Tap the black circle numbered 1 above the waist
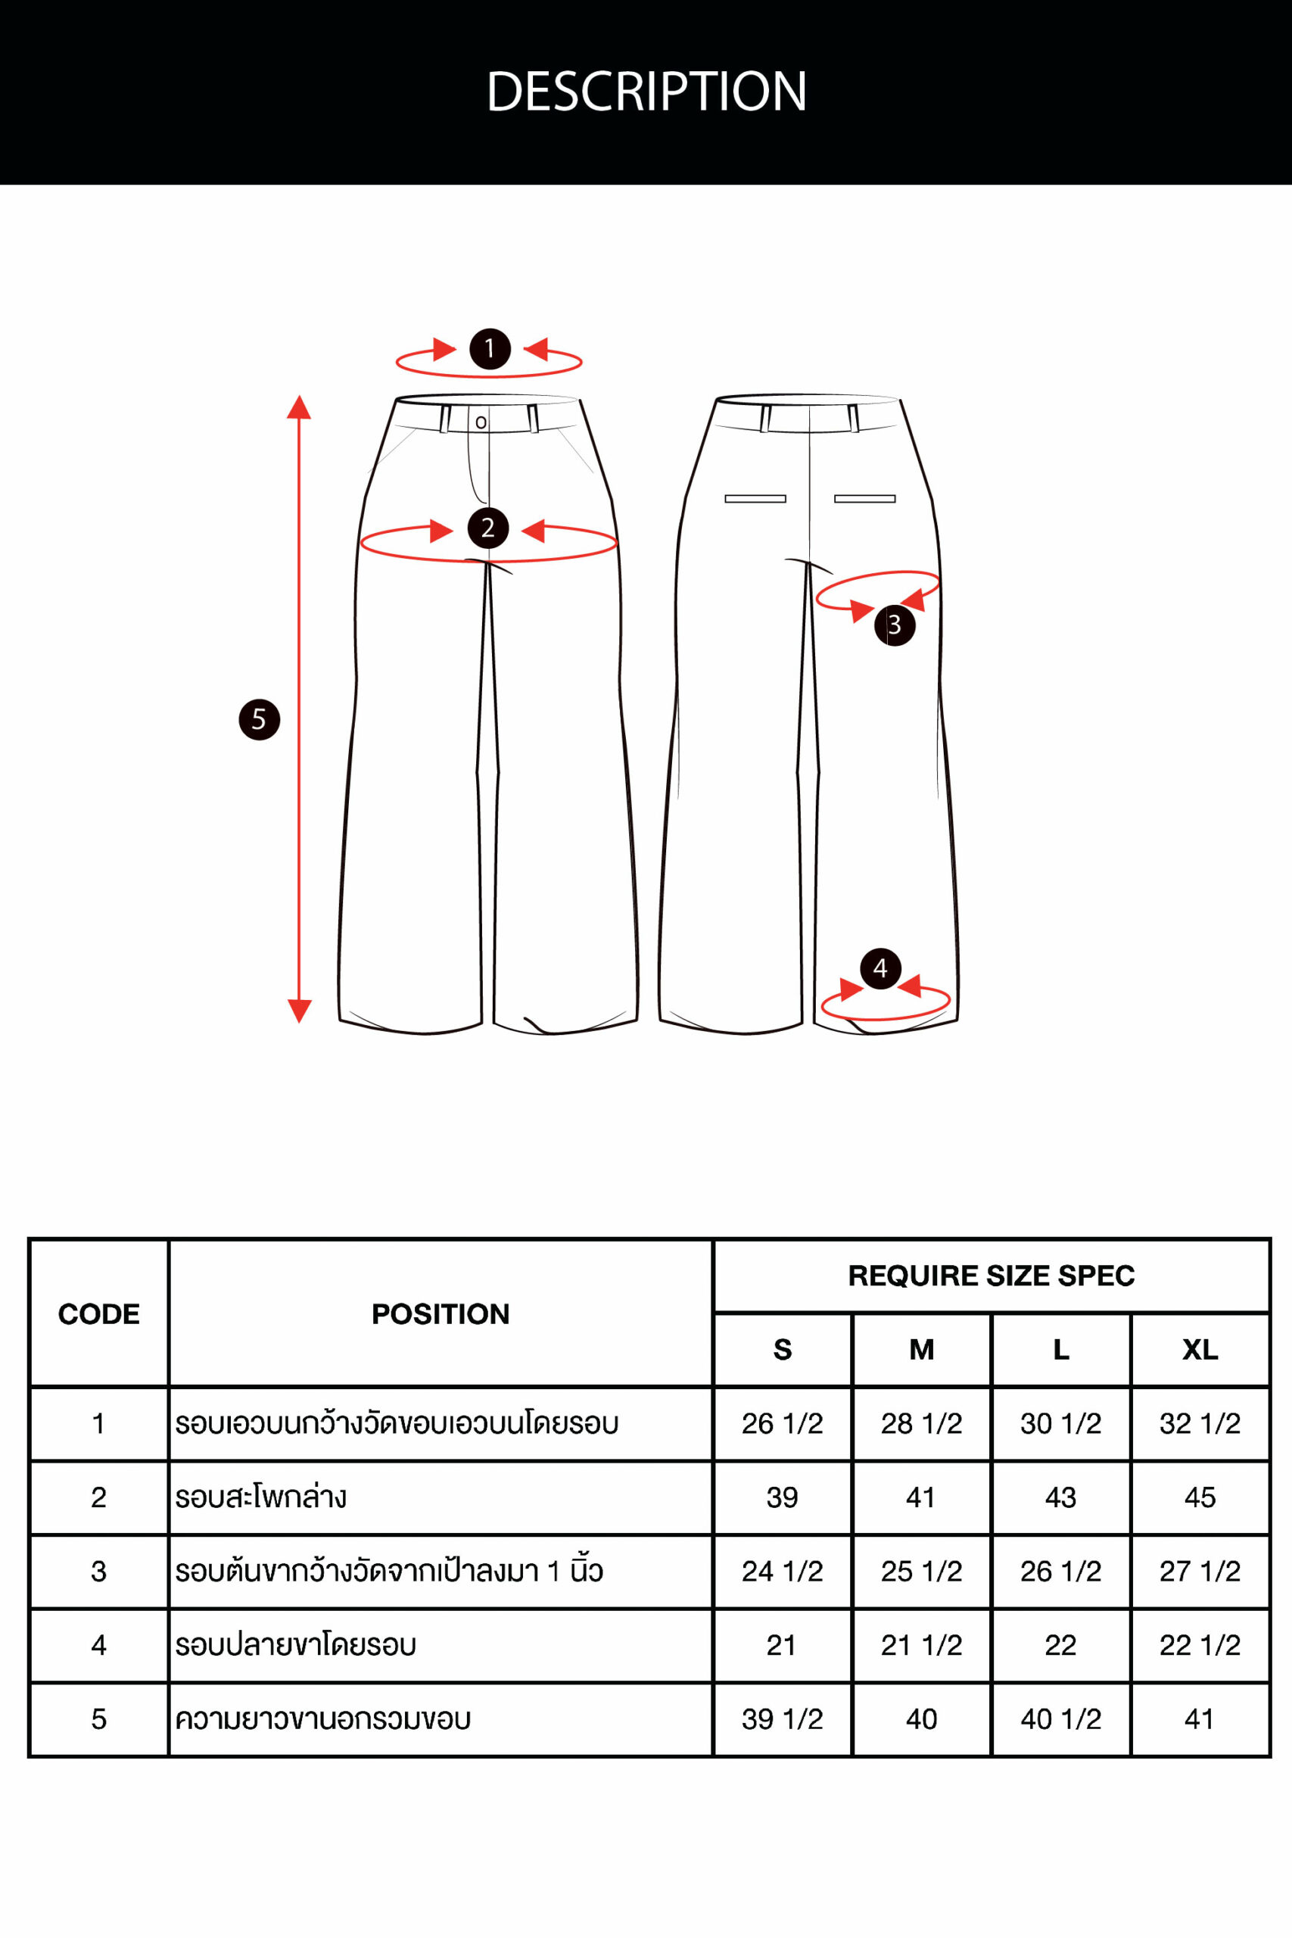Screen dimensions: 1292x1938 490,348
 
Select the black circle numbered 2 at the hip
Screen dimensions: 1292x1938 487,528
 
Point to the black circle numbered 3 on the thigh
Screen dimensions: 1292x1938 895,625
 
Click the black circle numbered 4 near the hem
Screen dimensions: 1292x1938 880,968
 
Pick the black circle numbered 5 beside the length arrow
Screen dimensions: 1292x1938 259,719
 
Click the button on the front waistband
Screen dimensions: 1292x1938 481,422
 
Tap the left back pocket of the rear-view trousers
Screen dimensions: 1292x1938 755,499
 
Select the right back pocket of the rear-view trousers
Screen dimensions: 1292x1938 864,499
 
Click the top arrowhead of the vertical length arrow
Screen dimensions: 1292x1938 299,407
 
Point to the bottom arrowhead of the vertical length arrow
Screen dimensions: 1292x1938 299,1011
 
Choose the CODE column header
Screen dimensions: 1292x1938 99,1313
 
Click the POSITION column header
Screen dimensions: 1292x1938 441,1313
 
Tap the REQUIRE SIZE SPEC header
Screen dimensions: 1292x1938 992,1276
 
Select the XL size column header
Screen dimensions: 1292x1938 1200,1350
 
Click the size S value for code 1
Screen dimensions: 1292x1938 782,1423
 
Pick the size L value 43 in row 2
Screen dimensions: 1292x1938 1060,1497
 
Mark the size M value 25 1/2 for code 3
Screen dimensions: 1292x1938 921,1572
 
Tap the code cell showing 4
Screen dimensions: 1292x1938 99,1645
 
